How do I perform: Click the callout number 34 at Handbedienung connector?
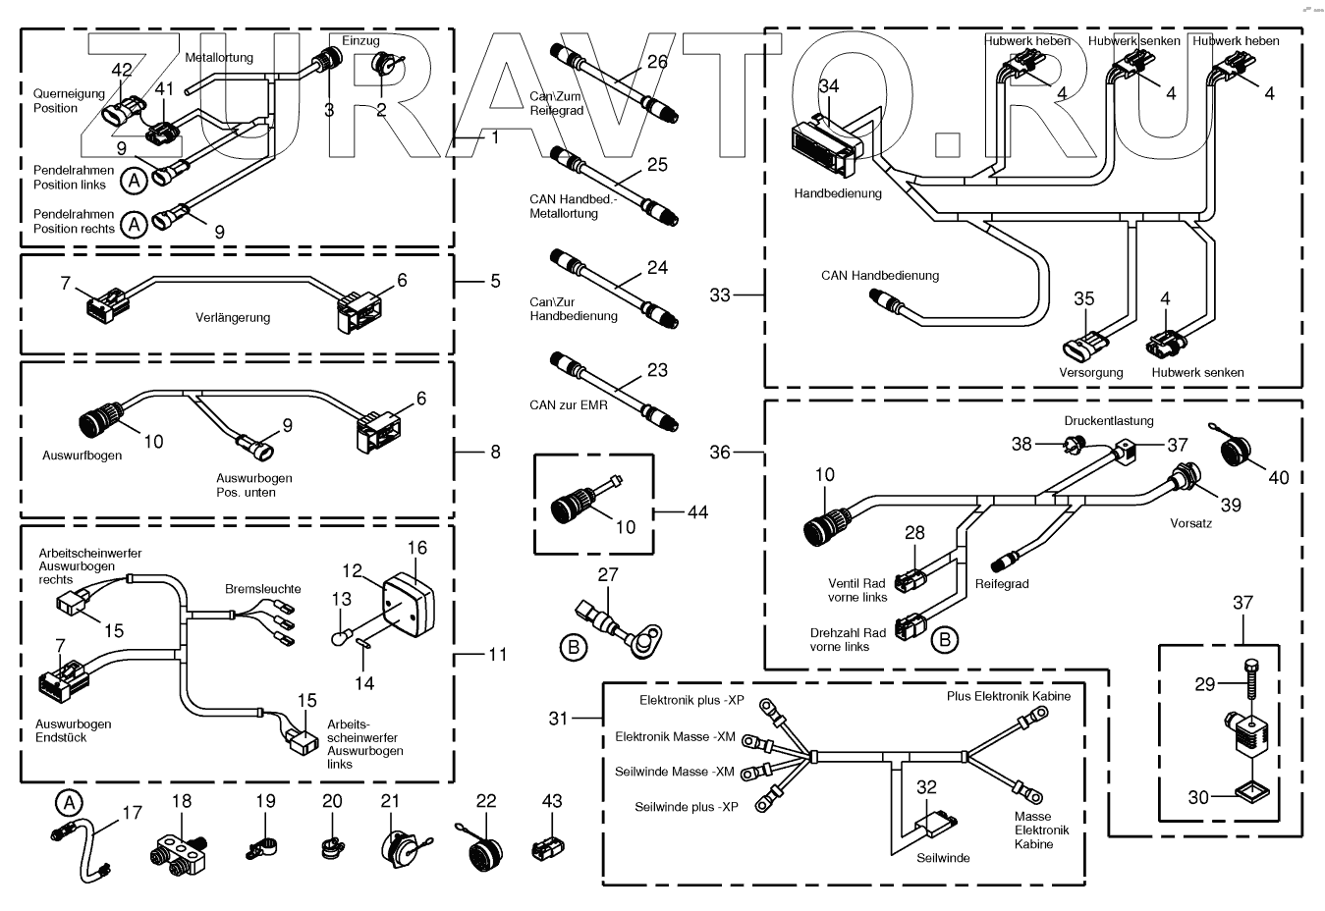pos(829,86)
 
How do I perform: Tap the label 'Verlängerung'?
pos(233,318)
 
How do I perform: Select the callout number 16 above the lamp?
pos(417,548)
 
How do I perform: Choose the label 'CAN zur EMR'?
pos(568,404)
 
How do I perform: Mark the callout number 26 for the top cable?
pos(657,62)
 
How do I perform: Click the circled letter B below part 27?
pos(574,646)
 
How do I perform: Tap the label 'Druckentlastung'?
pos(1109,421)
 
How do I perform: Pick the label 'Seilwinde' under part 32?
pos(943,858)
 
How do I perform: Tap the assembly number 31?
pos(559,719)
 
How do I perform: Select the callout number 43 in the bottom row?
pos(552,801)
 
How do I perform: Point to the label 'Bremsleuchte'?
pos(263,589)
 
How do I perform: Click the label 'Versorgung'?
pos(1090,373)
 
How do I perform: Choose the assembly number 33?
pos(720,295)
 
